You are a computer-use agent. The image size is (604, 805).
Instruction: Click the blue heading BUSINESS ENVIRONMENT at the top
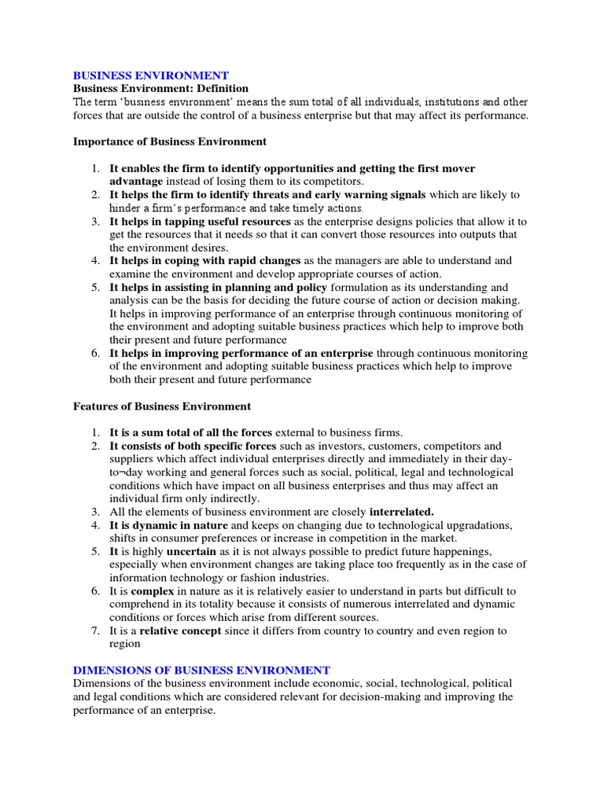pyautogui.click(x=151, y=75)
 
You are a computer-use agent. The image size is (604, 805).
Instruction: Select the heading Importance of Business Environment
pyautogui.click(x=170, y=142)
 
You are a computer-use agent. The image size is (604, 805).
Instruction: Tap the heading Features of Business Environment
pyautogui.click(x=162, y=406)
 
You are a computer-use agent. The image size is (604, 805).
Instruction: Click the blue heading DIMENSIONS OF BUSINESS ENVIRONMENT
pyautogui.click(x=201, y=670)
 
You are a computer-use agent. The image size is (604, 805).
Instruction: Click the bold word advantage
pyautogui.click(x=136, y=182)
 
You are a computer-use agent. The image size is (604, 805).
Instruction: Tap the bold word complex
pyautogui.click(x=152, y=591)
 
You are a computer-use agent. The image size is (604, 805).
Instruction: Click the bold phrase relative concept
pyautogui.click(x=178, y=630)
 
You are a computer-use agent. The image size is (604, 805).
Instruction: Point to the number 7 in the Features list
pyautogui.click(x=94, y=630)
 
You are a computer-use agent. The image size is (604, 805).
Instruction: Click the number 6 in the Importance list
pyautogui.click(x=94, y=353)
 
